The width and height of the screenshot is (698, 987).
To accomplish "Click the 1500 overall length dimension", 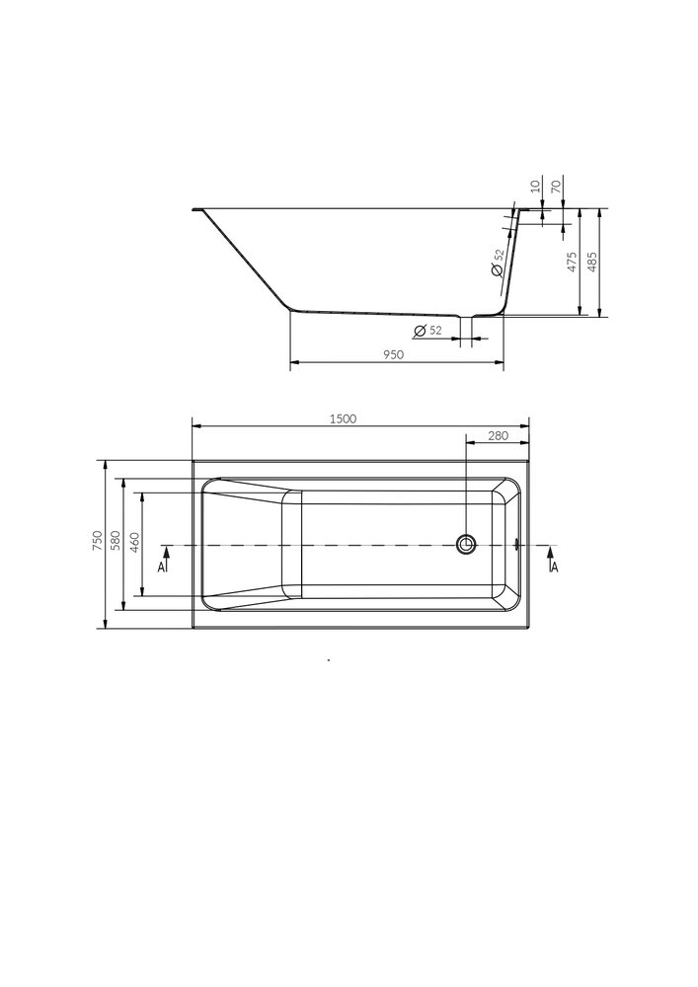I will (342, 418).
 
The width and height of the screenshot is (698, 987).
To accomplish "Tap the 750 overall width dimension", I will (97, 542).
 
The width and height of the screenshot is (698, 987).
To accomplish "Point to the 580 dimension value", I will (116, 542).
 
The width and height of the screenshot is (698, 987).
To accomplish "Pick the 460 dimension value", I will (134, 542).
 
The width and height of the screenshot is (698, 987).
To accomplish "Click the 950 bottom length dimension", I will (394, 355).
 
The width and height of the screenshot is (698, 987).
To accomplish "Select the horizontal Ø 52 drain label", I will (427, 331).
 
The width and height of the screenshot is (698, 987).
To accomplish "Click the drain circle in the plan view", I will (466, 543).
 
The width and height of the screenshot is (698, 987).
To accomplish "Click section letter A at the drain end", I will (555, 567).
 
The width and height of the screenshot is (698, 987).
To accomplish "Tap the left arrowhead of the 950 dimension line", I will (293, 364).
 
